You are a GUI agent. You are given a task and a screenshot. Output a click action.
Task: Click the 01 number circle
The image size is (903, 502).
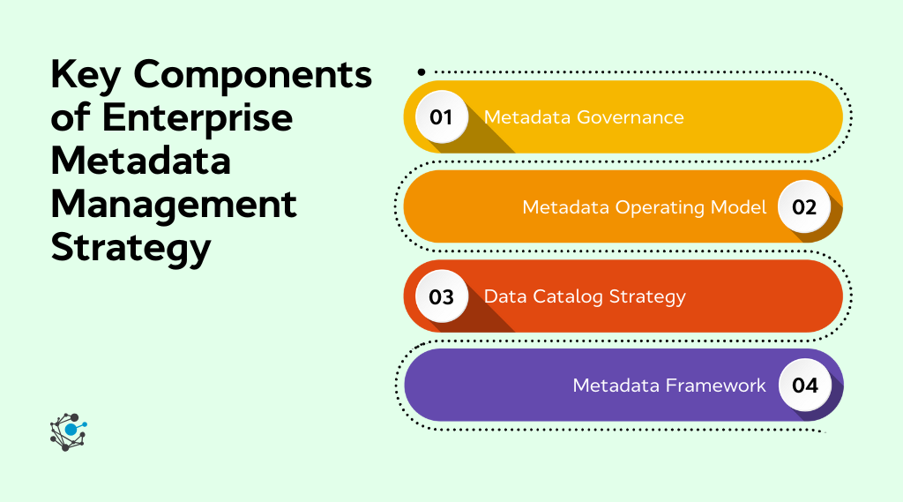tap(441, 117)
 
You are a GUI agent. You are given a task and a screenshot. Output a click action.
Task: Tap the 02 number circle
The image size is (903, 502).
tap(804, 207)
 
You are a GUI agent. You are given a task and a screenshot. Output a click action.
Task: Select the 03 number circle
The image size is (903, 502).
tap(441, 296)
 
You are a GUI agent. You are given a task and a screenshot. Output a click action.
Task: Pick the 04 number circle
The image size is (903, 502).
tap(804, 386)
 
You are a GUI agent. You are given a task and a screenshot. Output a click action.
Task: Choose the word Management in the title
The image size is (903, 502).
tap(174, 206)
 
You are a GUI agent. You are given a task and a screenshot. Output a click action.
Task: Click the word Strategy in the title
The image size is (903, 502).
tap(131, 248)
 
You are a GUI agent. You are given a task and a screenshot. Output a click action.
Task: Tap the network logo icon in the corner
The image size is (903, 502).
tap(69, 431)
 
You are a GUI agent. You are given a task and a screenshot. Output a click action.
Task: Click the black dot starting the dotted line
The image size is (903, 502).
tap(422, 72)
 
